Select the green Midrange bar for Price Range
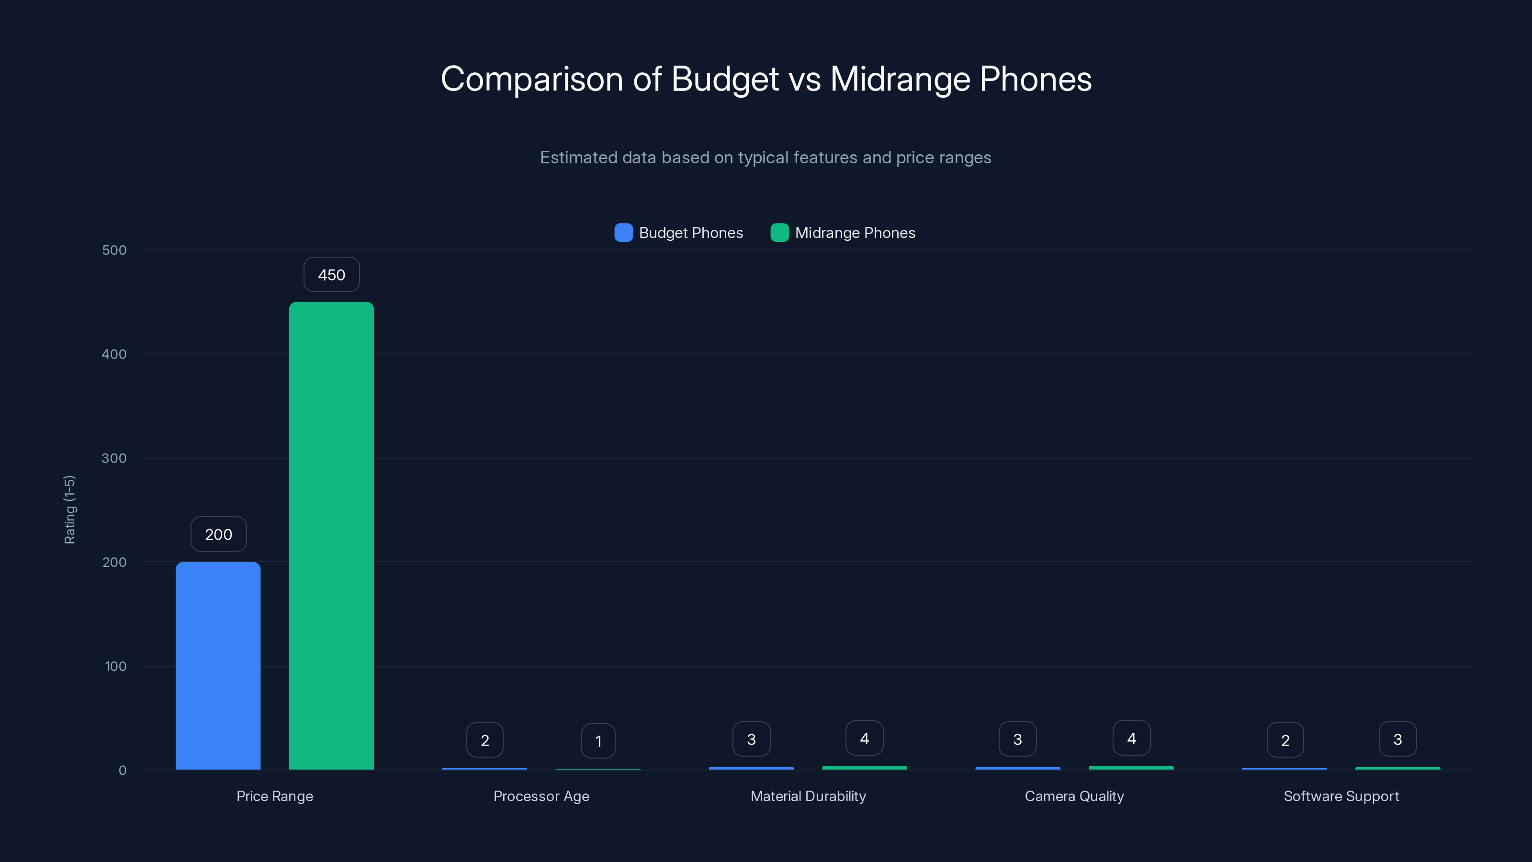tap(331, 535)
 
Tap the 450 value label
tap(331, 275)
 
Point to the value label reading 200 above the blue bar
tap(218, 534)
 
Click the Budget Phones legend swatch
tap(623, 233)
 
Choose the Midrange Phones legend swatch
tap(779, 233)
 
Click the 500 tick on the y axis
tap(114, 250)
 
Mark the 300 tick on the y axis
tap(114, 458)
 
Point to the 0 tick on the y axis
tap(123, 771)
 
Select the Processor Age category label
tap(541, 796)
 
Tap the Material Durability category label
tap(808, 796)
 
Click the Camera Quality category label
tap(1074, 796)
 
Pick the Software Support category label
tap(1341, 796)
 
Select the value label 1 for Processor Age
tap(598, 741)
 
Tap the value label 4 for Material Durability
tap(864, 738)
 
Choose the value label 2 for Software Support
tap(1285, 740)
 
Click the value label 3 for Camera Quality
tap(1017, 739)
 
